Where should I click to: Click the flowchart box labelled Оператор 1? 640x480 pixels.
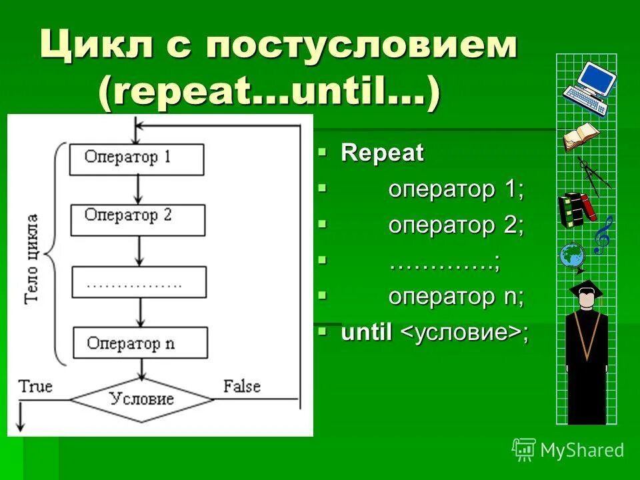coord(137,158)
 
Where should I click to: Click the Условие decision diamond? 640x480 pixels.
coord(141,399)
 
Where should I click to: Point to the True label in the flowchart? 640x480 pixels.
coord(35,386)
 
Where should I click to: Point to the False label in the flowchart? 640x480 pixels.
coord(241,386)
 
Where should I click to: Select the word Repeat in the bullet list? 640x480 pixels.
coord(382,153)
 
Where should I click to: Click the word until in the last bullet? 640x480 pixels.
coord(366,333)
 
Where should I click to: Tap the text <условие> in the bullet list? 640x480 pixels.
coord(461,333)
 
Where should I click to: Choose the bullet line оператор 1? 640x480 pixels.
coord(457,189)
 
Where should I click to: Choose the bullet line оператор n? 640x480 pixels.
coord(457,297)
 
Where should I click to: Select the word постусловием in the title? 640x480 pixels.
coord(361,48)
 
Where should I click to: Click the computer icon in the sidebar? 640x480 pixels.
coord(589,87)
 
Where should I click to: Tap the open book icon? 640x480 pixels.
coord(581,137)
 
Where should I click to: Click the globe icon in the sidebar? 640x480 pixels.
coord(572,255)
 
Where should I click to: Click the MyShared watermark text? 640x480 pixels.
coord(581,451)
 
